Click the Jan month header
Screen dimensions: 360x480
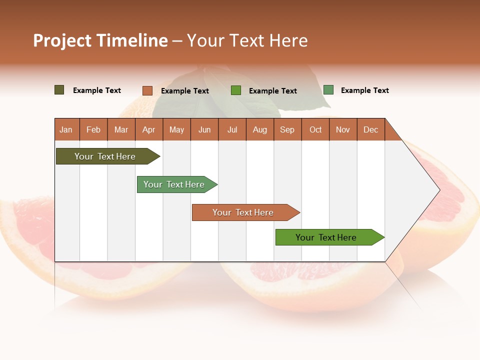point(66,129)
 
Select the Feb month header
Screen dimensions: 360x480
point(93,129)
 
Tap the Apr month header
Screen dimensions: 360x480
point(148,129)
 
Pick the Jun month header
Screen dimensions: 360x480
point(204,129)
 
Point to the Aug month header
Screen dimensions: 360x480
point(259,129)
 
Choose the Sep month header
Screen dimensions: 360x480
point(287,129)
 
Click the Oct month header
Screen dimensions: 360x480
point(315,129)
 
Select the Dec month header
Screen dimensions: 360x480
point(370,129)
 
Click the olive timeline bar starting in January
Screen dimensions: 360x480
point(105,156)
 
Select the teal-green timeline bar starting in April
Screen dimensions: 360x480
point(174,184)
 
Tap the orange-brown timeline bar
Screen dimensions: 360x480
point(243,212)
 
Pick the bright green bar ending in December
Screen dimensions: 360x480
point(326,237)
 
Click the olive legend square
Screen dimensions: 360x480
point(59,90)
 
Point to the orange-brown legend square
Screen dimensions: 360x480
point(147,90)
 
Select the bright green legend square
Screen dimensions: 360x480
point(236,90)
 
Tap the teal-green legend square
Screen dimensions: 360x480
point(328,90)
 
